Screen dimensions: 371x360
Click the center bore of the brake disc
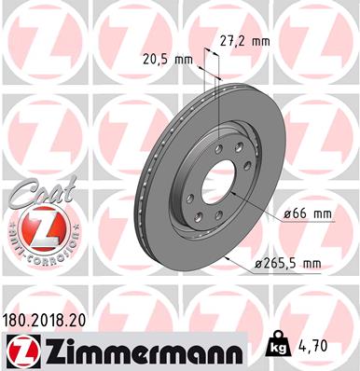click(x=219, y=179)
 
